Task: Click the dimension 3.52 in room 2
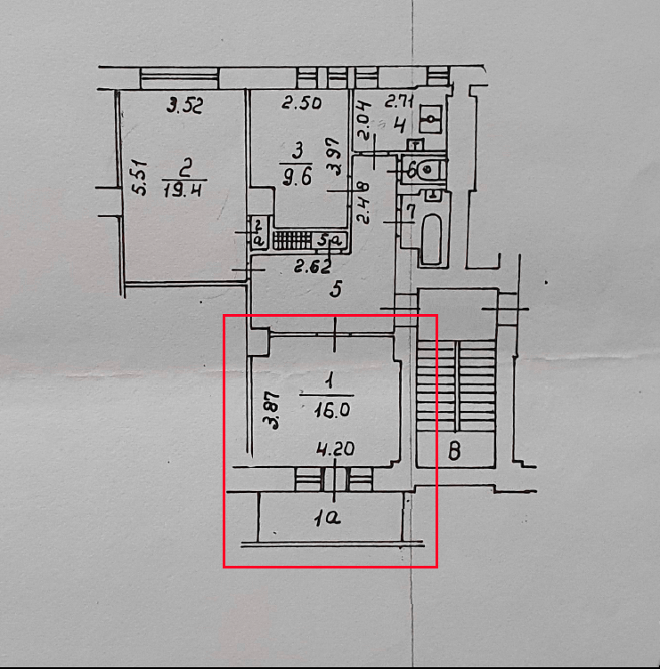(186, 108)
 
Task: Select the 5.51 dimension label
(138, 177)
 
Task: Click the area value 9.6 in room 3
(297, 175)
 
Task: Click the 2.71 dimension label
(399, 101)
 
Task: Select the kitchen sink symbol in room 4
(432, 117)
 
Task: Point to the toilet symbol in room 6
(428, 166)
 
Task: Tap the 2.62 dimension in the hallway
(314, 265)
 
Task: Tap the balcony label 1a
(328, 516)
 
